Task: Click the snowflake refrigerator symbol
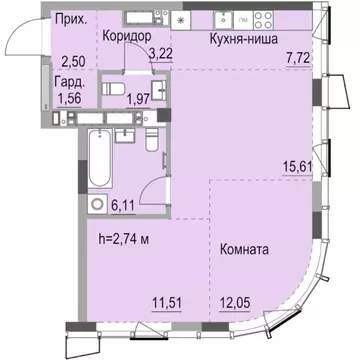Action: click(x=180, y=19)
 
